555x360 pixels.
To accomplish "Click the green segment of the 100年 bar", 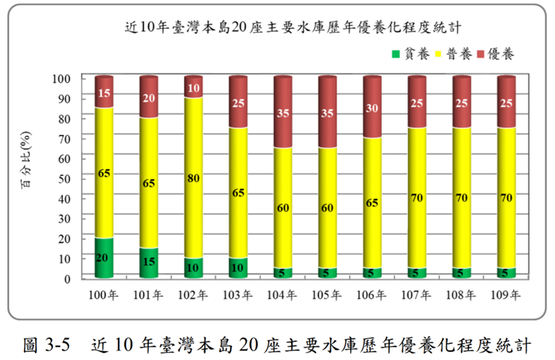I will (x=104, y=259).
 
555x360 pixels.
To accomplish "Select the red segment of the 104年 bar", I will (x=283, y=113).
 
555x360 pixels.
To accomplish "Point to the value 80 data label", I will (x=193, y=178).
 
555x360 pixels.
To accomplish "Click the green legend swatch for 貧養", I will (x=396, y=54).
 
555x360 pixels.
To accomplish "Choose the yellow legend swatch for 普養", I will (x=439, y=54).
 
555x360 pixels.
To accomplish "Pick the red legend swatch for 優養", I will (x=482, y=54).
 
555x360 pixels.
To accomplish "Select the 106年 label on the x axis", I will (x=372, y=296).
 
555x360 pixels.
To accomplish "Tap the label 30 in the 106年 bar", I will (x=372, y=108).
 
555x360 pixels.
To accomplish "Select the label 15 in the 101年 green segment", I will (x=149, y=262).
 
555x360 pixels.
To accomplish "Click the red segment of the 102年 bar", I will (x=193, y=88).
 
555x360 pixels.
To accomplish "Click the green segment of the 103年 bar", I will (x=238, y=268).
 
